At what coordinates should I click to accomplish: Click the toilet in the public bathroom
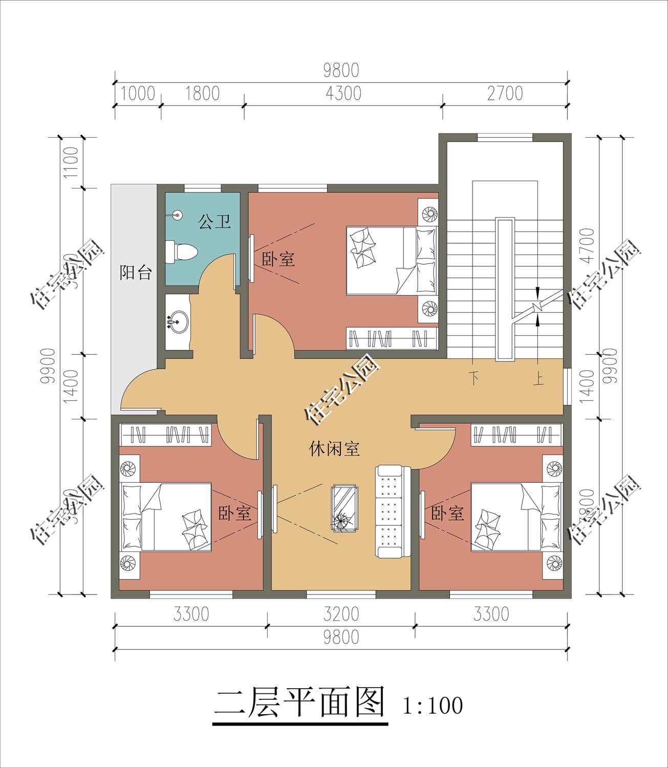click(x=181, y=252)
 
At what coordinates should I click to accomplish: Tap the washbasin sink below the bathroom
click(x=177, y=322)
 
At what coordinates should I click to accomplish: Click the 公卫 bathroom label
click(x=214, y=222)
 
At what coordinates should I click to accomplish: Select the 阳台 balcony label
click(x=136, y=272)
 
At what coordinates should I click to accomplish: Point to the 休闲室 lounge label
click(x=334, y=449)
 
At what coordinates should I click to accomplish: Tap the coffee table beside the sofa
click(x=345, y=508)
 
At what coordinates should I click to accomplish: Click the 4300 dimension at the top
click(x=343, y=93)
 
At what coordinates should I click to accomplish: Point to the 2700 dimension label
click(x=505, y=93)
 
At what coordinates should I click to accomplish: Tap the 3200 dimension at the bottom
click(x=340, y=613)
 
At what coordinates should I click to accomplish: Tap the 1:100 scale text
click(x=433, y=705)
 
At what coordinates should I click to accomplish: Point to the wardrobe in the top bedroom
click(x=392, y=338)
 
